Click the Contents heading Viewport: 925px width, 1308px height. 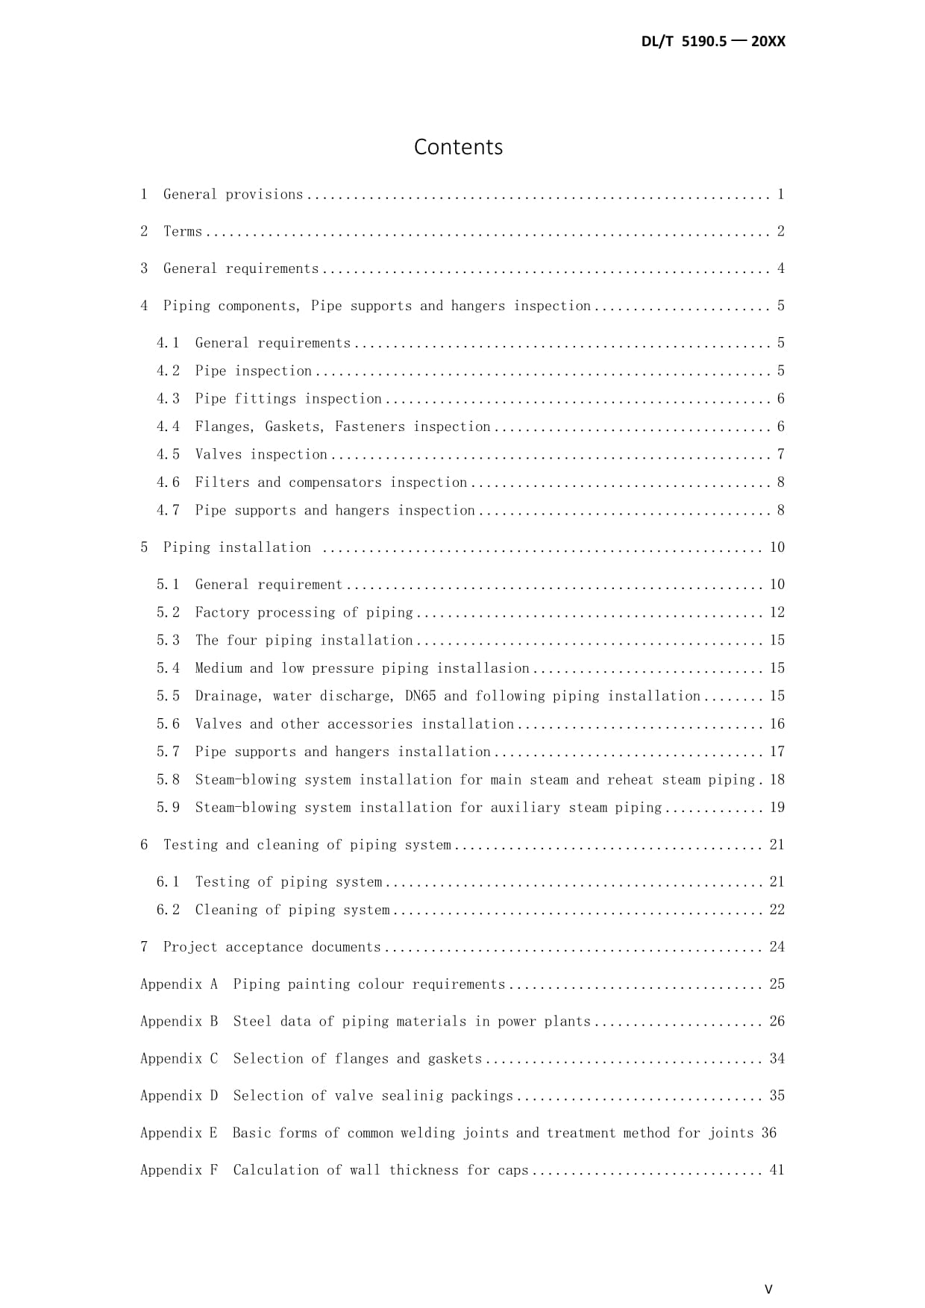(458, 147)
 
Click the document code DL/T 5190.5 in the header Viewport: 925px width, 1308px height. (683, 42)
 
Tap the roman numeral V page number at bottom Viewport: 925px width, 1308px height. (768, 1289)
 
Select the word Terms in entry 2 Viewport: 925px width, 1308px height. (183, 231)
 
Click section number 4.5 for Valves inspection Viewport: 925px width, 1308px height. (168, 454)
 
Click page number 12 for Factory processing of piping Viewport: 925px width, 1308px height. (777, 612)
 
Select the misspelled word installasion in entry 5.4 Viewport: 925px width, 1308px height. (483, 668)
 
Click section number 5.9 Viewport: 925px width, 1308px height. (168, 808)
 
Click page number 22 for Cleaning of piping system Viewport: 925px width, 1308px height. (777, 910)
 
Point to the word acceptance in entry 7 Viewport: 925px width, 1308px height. (264, 947)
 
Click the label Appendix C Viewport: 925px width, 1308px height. (179, 1059)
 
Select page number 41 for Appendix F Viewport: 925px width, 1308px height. (777, 1170)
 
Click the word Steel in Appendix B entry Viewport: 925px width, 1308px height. (252, 1022)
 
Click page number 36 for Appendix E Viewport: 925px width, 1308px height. (768, 1133)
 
